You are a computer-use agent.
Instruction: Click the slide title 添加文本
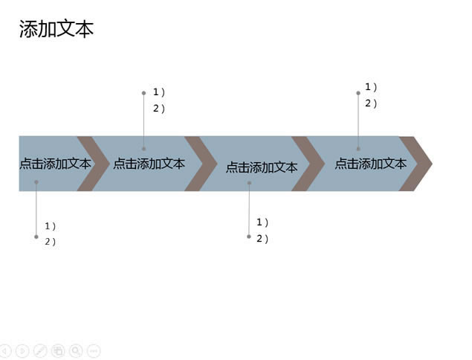[x=56, y=29]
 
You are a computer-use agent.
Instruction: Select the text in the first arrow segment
[x=56, y=164]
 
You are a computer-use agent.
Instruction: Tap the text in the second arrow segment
[x=149, y=164]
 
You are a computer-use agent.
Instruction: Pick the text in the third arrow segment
[x=262, y=167]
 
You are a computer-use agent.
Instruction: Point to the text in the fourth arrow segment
[x=371, y=164]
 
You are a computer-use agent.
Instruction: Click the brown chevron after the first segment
[x=94, y=164]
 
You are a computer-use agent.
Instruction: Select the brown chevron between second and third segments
[x=201, y=164]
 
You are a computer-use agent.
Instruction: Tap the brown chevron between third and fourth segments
[x=308, y=164]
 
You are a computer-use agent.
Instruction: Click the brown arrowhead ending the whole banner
[x=416, y=164]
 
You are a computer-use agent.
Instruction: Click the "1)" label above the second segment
[x=159, y=92]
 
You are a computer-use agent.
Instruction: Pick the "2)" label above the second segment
[x=159, y=109]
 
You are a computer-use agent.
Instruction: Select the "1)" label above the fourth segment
[x=371, y=87]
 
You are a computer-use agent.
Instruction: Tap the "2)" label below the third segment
[x=262, y=239]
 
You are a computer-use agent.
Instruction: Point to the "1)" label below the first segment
[x=51, y=226]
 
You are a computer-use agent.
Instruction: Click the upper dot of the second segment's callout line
[x=144, y=93]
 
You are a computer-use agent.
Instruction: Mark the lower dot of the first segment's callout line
[x=36, y=237]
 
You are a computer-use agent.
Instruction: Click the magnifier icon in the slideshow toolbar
[x=76, y=350]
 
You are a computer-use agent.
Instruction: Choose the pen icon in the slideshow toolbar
[x=40, y=350]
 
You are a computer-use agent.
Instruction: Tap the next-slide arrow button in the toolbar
[x=22, y=350]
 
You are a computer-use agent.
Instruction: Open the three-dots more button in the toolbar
[x=94, y=350]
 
